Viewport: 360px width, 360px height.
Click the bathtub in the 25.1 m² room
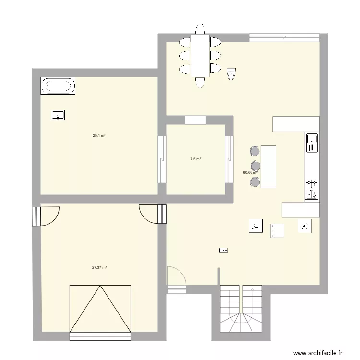tap(58, 86)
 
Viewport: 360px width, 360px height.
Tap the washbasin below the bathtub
tap(58, 115)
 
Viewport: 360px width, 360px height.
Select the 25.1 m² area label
tap(99, 136)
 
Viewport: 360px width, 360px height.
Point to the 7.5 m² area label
tap(195, 159)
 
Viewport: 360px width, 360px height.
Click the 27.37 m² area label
tap(99, 268)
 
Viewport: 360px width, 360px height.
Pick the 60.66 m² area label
tap(250, 172)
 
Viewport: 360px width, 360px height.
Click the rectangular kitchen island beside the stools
tap(268, 166)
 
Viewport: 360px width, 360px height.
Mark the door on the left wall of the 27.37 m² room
tap(36, 216)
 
